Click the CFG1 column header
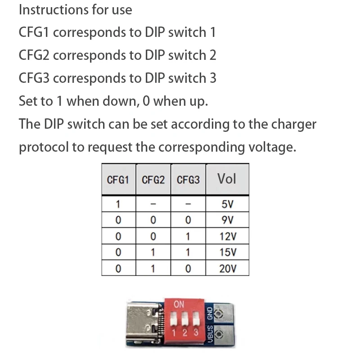[118, 180]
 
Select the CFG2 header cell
[153, 180]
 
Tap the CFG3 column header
[188, 180]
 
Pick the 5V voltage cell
[227, 204]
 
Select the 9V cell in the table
[227, 220]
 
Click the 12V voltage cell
[227, 236]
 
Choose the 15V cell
[227, 252]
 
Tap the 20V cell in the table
[227, 269]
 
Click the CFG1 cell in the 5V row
[118, 204]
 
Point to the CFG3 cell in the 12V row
[188, 236]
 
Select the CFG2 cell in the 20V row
[153, 269]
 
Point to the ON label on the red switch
[179, 305]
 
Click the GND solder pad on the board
[220, 313]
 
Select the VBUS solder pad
[220, 334]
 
